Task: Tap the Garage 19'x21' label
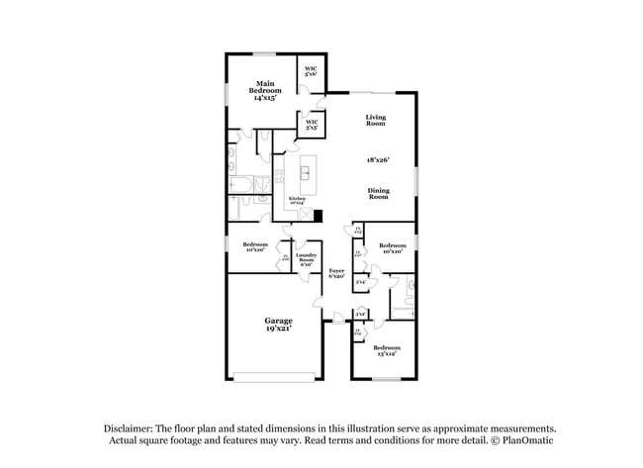[278, 324]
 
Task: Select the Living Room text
[375, 120]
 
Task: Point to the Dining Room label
[378, 193]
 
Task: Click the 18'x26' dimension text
[378, 158]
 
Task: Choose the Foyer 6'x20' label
[337, 273]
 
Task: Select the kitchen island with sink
[306, 174]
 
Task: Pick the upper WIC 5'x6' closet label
[311, 71]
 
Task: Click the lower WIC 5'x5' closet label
[311, 125]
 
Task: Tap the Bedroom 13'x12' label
[387, 350]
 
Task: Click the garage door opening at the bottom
[276, 376]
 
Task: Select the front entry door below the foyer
[337, 319]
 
